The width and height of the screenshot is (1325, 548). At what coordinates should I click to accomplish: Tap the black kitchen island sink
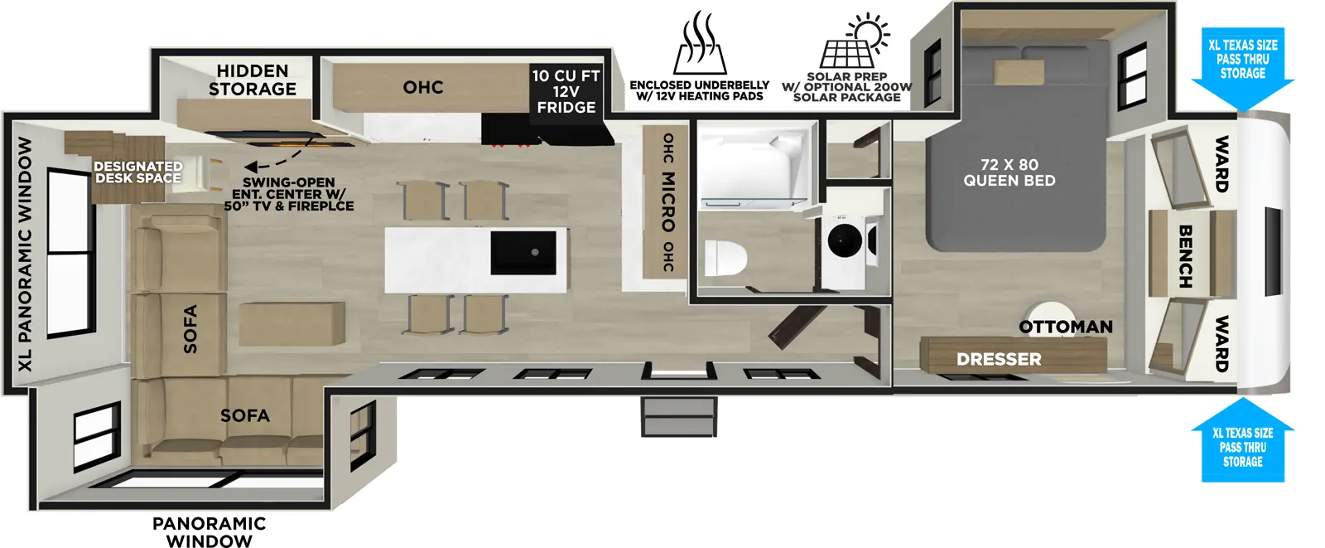coord(523,253)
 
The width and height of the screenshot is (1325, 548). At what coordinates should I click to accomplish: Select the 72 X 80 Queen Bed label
coord(1009,172)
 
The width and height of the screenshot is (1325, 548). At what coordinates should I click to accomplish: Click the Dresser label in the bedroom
coord(999,359)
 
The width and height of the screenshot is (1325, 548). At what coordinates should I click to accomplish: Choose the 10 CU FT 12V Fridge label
coord(566,91)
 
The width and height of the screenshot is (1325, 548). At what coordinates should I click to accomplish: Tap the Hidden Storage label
coord(253,80)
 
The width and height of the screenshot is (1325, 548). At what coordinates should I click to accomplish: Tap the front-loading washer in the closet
coord(845,241)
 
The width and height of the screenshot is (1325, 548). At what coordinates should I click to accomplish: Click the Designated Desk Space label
coord(137,172)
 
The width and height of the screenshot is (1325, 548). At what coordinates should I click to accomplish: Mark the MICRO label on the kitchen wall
coord(667,201)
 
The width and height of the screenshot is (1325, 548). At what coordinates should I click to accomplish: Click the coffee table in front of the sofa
coord(292,322)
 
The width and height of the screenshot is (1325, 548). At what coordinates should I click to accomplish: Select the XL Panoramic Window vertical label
coord(25,252)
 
